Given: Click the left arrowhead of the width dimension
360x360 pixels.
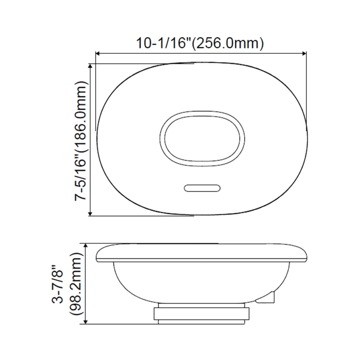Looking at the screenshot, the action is [97, 54].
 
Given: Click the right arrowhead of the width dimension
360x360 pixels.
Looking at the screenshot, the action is [304, 54].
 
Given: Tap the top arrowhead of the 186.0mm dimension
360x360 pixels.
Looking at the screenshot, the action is [90, 66].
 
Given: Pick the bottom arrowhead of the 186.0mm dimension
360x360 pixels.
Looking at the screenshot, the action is [90, 213].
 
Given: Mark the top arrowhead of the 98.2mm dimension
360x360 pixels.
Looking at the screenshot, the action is [86, 246].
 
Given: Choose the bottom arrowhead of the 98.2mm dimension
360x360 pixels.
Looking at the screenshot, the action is [86, 322].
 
